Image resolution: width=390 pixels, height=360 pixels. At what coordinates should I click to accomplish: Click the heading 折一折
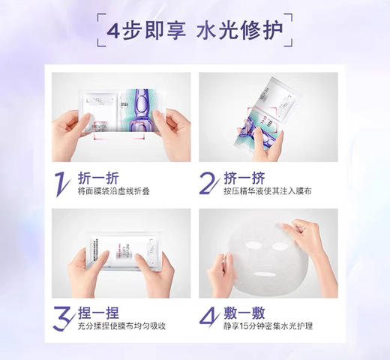pos(99,178)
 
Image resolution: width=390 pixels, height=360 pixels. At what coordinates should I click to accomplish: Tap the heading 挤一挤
pos(244,178)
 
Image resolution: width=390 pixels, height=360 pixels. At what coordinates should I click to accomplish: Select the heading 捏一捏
pos(99,313)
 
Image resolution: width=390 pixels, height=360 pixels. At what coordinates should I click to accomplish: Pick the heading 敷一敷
pos(244,313)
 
